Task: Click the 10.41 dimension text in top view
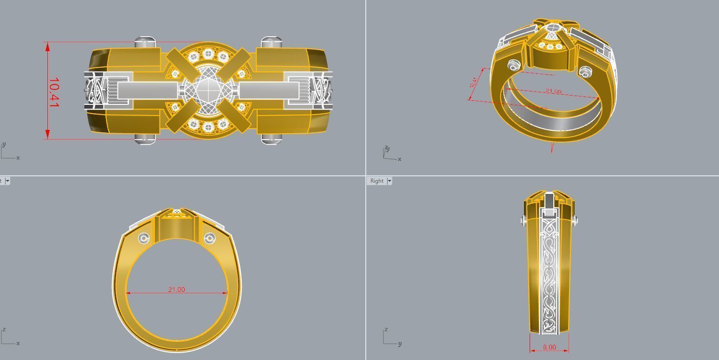54,93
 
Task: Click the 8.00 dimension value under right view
549,347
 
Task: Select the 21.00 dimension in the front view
176,289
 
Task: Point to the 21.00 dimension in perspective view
552,91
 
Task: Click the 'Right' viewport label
377,181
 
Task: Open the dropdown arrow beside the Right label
389,181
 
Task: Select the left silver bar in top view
147,90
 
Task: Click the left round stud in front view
144,238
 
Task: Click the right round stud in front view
209,238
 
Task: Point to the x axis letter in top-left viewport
18,158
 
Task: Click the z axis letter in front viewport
4,329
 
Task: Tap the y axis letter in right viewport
400,344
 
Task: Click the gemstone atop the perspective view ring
552,29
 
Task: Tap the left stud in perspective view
514,64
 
